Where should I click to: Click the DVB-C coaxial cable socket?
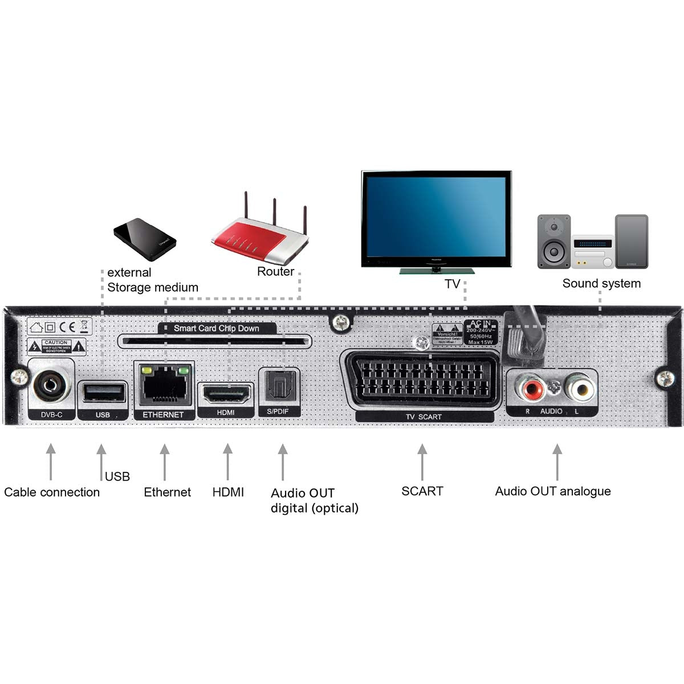(51, 384)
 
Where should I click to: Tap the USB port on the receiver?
(103, 393)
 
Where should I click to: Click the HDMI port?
(226, 394)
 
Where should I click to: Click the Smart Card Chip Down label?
(216, 328)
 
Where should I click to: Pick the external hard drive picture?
(145, 239)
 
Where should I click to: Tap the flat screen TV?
(436, 219)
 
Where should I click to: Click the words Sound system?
(601, 283)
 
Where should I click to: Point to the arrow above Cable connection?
(51, 462)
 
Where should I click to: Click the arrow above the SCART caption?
(422, 462)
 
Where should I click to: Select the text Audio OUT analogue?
(552, 491)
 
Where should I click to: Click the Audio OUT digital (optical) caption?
(314, 500)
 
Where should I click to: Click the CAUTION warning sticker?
(56, 345)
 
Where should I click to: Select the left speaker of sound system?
(553, 241)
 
